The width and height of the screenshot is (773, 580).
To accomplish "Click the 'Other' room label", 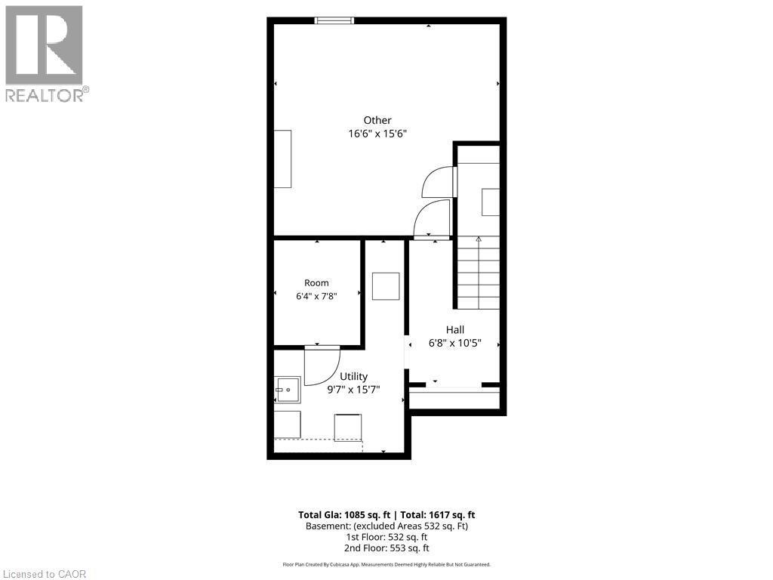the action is (x=377, y=120).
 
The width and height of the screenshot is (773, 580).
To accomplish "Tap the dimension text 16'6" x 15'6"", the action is (x=377, y=134).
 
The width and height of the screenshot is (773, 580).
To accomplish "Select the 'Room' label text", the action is (x=316, y=283).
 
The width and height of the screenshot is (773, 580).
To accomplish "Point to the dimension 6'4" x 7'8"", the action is (x=316, y=296).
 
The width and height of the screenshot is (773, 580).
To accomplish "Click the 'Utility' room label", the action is (x=353, y=377).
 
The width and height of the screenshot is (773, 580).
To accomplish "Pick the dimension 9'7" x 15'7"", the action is (x=353, y=390).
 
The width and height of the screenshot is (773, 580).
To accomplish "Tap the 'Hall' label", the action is (x=455, y=330).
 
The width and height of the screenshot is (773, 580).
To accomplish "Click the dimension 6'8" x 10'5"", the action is (x=455, y=343).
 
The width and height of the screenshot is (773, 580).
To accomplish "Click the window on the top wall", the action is (x=334, y=20).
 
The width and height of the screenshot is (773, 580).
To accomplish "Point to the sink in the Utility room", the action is (x=288, y=390).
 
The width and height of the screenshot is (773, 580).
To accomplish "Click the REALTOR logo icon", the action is (x=44, y=45).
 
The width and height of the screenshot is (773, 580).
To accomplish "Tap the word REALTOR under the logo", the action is (x=44, y=95).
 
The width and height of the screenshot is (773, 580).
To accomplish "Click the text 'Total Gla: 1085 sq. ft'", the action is (x=344, y=515).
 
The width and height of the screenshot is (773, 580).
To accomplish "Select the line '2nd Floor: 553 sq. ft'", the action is (x=386, y=548).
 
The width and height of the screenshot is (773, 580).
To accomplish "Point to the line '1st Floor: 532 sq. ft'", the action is (x=386, y=537).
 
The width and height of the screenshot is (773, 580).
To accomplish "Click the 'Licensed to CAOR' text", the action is (x=44, y=574).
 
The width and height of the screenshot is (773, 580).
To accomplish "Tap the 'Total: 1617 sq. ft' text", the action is (x=438, y=515).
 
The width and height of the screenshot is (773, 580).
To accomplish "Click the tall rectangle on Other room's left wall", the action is (x=282, y=159).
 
